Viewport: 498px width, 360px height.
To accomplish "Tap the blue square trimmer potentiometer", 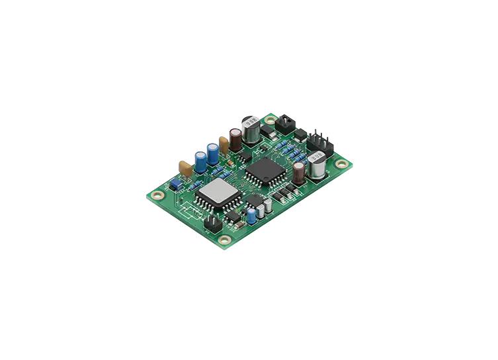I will click(177, 181).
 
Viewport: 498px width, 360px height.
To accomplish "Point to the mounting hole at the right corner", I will click(341, 163).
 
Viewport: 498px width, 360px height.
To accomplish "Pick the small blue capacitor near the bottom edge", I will click(253, 214).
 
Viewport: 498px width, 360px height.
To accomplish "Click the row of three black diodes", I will click(285, 193).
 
